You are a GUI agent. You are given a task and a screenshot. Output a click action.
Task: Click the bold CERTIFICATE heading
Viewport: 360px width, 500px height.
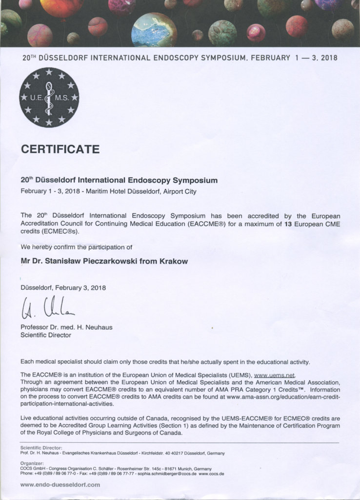point(60,148)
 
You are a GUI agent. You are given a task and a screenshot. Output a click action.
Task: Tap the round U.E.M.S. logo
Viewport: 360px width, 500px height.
point(49,97)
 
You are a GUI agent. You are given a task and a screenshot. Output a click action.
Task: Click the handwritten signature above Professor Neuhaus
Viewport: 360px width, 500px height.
point(48,308)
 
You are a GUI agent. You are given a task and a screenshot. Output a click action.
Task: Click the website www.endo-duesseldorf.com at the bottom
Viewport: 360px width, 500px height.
point(60,484)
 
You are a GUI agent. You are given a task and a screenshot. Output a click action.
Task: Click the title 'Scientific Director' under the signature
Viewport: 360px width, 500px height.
point(45,335)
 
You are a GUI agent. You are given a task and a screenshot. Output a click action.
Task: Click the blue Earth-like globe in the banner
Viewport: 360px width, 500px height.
point(154,30)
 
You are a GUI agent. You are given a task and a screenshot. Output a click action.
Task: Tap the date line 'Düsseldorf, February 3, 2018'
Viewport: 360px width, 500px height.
point(63,288)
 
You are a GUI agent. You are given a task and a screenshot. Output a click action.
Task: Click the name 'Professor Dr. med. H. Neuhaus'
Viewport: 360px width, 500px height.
point(66,327)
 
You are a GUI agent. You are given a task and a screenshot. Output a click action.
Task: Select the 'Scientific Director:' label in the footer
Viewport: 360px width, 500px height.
point(41,447)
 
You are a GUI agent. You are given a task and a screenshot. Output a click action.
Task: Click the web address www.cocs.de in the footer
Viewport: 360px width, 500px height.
point(215,474)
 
